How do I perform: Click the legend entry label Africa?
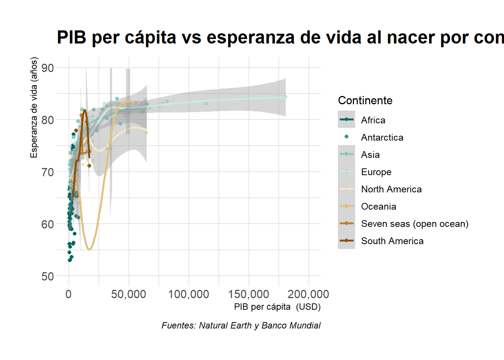click(373, 120)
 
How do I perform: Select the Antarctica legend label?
click(382, 137)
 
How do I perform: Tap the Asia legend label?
click(370, 154)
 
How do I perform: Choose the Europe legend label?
click(376, 172)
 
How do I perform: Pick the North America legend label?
click(391, 189)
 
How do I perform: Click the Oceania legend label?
click(378, 206)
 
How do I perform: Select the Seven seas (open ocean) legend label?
click(414, 223)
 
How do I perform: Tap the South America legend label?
click(392, 241)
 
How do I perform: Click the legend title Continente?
click(365, 100)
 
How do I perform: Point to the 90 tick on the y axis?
click(48, 68)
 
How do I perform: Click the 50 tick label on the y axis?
click(48, 276)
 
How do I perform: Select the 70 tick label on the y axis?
click(48, 172)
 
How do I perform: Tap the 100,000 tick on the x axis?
click(189, 294)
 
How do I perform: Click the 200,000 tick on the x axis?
click(308, 294)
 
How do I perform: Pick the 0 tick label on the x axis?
click(69, 294)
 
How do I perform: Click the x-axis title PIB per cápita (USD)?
click(277, 307)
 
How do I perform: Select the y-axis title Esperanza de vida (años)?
click(34, 107)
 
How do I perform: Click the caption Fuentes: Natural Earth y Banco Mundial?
click(241, 325)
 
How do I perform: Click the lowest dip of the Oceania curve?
click(89, 249)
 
